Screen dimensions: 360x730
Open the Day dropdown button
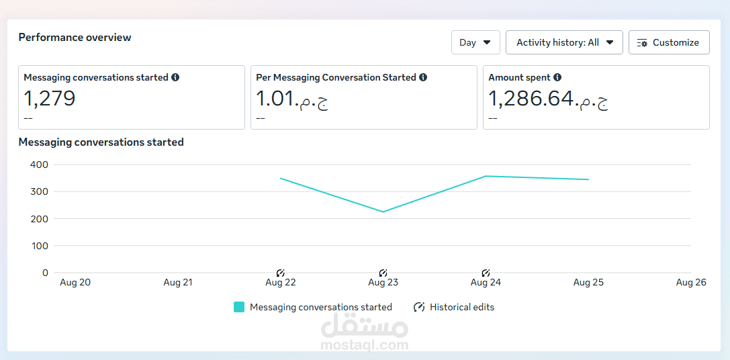click(x=475, y=42)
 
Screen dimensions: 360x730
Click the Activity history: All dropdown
click(x=564, y=42)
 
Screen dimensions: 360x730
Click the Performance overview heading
click(x=75, y=38)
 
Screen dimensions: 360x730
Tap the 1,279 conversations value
click(x=50, y=99)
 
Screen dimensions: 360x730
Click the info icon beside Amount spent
click(x=557, y=77)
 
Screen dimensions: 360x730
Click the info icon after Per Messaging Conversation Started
click(x=423, y=77)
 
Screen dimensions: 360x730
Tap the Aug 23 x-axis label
click(x=383, y=283)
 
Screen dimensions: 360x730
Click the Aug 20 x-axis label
click(x=75, y=283)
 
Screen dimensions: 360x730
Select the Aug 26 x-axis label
click(x=691, y=283)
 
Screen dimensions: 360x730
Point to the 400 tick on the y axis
click(x=40, y=165)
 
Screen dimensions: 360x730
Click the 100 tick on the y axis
click(x=40, y=246)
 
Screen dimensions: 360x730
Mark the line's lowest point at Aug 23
click(x=383, y=212)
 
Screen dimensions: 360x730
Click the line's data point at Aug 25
click(x=588, y=179)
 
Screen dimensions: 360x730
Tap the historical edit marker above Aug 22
click(x=281, y=273)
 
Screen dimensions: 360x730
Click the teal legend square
click(x=239, y=307)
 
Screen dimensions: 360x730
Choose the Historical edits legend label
click(x=462, y=307)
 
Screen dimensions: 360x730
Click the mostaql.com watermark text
click(x=365, y=345)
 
